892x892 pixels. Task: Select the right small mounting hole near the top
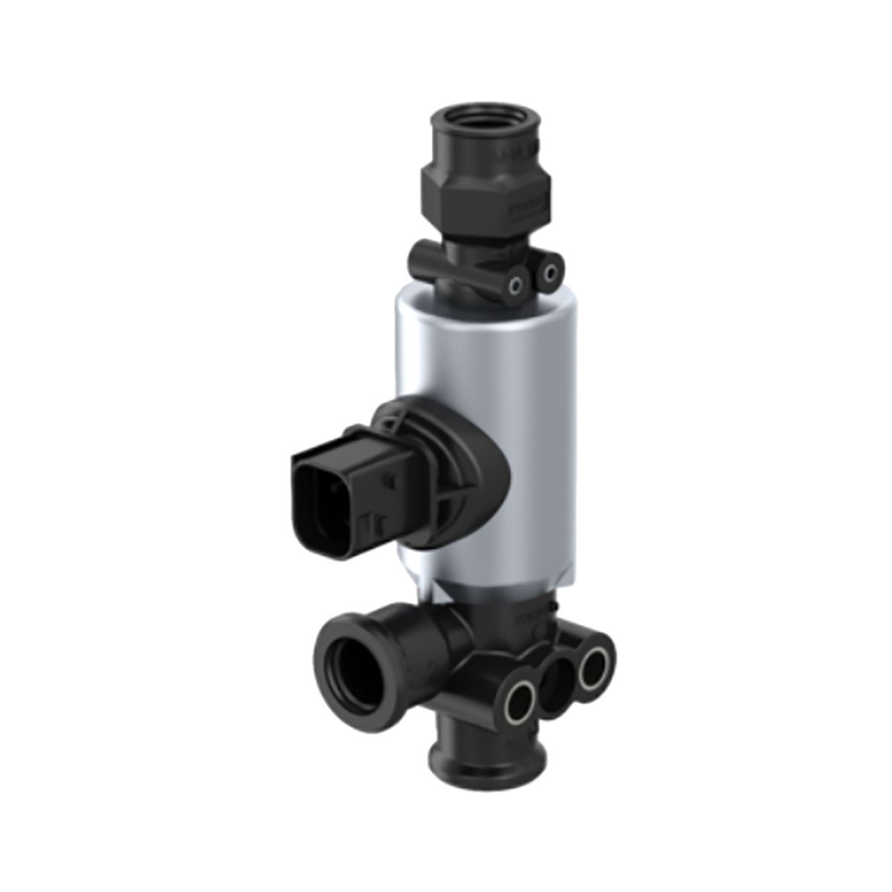(x=549, y=275)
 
